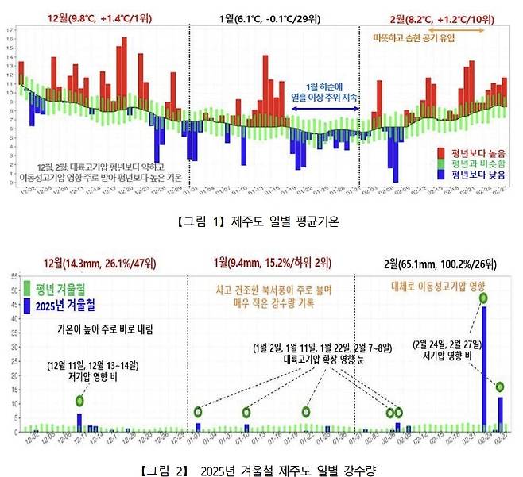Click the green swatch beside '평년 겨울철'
29,289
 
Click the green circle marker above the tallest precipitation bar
483,298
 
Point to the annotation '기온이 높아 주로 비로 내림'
107,328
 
